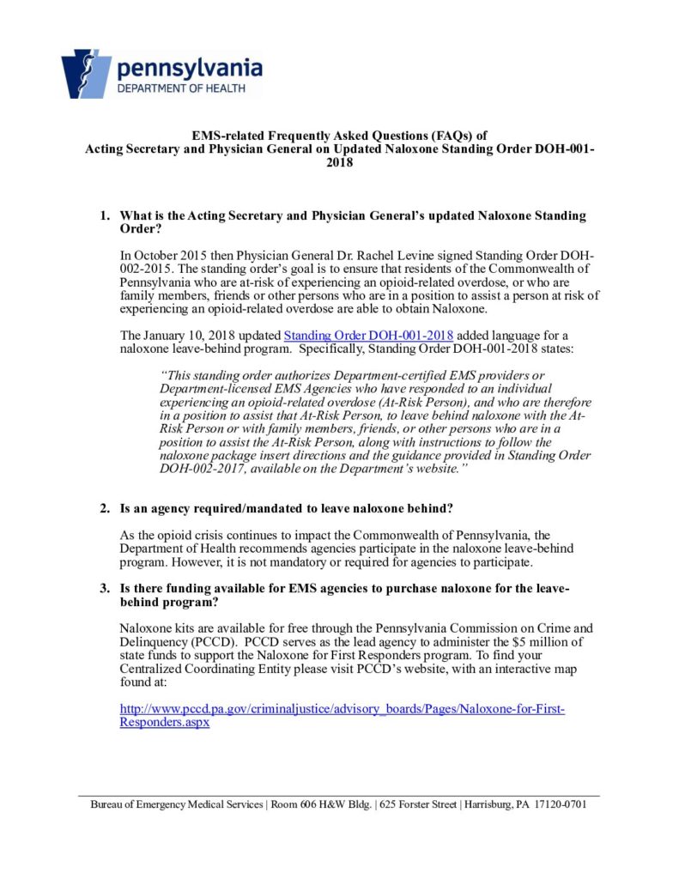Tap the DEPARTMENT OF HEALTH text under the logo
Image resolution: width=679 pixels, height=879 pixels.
(x=180, y=88)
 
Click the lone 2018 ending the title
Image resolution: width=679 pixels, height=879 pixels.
(x=339, y=161)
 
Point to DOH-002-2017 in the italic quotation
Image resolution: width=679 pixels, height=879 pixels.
(x=203, y=470)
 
